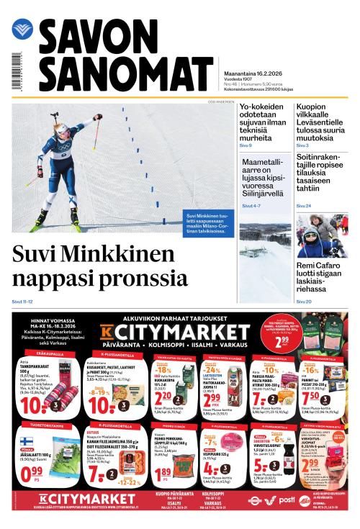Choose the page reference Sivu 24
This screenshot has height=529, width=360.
coord(304,206)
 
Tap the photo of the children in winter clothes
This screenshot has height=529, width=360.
coord(321,237)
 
